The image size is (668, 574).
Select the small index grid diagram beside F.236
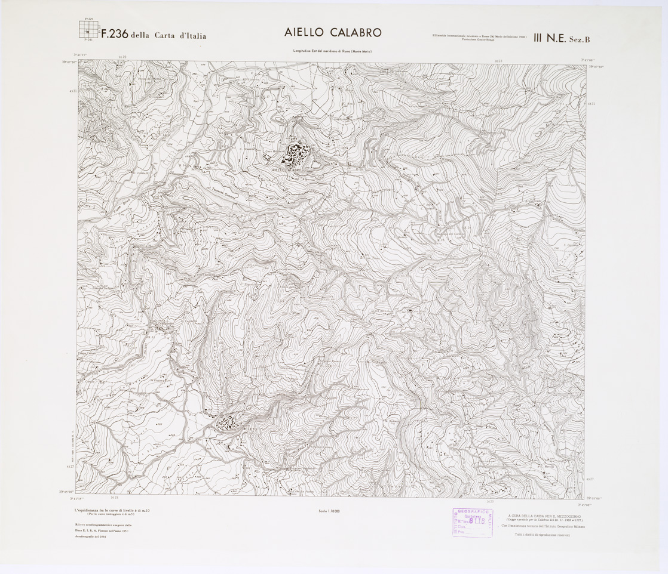pyautogui.click(x=87, y=30)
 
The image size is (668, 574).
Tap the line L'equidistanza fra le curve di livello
pyautogui.click(x=108, y=509)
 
